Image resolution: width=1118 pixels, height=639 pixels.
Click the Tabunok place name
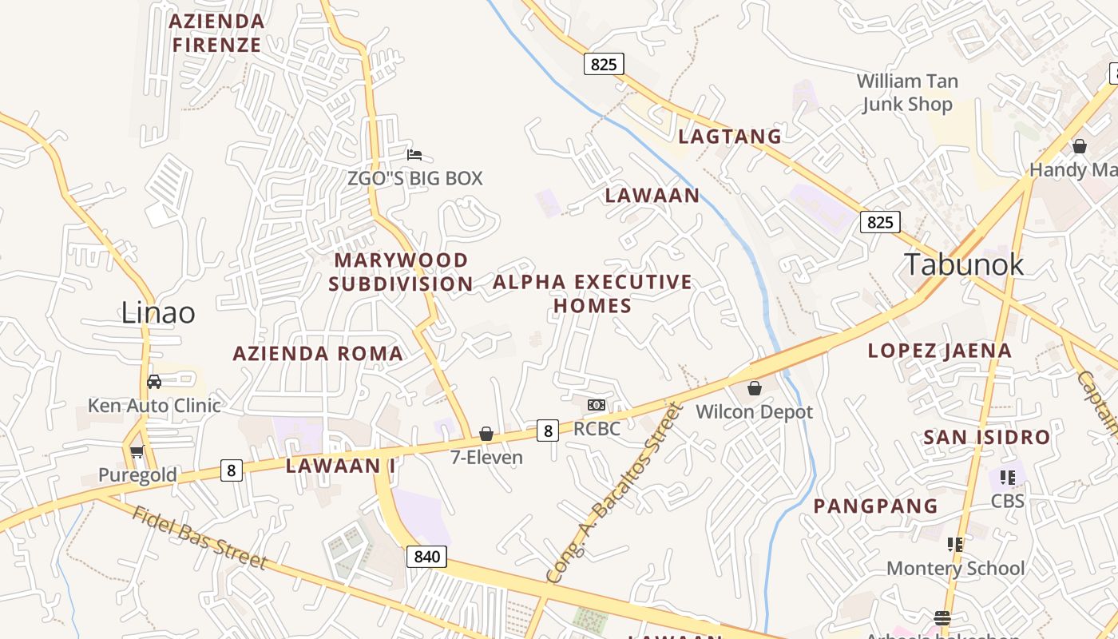coord(963,264)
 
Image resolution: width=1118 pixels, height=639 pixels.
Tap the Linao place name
coord(158,312)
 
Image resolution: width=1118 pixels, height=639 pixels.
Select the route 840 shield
coord(426,556)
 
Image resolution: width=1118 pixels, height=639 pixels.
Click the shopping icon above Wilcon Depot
coord(754,389)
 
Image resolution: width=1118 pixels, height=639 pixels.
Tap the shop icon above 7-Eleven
coord(486,434)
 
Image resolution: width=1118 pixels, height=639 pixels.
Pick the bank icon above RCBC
coord(596,405)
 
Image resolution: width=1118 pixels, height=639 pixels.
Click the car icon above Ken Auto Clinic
coord(154,382)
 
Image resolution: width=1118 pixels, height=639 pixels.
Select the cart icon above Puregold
coord(137,452)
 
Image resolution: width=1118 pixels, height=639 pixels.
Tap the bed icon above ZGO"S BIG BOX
coord(414,155)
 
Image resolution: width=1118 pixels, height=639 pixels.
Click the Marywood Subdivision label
coord(401,272)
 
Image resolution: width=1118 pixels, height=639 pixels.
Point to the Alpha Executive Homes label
coord(593,293)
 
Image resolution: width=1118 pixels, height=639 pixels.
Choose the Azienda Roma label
coord(318,353)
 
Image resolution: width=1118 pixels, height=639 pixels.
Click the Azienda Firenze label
coord(216,33)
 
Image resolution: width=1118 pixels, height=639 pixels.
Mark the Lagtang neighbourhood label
coord(730,137)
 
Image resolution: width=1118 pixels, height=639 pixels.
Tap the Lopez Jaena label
coord(939,350)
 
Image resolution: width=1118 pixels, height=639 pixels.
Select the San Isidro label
coord(986,437)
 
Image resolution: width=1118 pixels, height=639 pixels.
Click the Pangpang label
coord(875,506)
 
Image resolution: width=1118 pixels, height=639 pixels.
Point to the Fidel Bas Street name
coord(200,538)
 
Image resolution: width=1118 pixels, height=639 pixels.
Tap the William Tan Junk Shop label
coord(907,93)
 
